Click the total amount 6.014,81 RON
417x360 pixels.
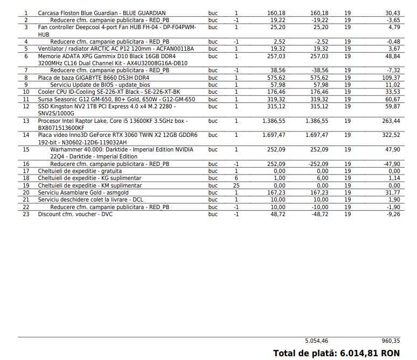pyautogui.click(x=370, y=353)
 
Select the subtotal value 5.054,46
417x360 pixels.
pyautogui.click(x=317, y=341)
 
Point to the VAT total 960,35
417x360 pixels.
pyautogui.click(x=391, y=341)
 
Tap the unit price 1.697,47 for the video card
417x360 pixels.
pyautogui.click(x=274, y=135)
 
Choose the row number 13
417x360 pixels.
pyautogui.click(x=26, y=121)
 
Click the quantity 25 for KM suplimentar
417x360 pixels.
pyautogui.click(x=236, y=185)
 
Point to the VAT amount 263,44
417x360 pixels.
pyautogui.click(x=390, y=121)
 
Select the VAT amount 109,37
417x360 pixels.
pyautogui.click(x=390, y=78)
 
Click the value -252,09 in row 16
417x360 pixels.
pyautogui.click(x=317, y=164)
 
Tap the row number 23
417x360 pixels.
pyautogui.click(x=26, y=214)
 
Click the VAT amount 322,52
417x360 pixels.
pyautogui.click(x=390, y=135)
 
